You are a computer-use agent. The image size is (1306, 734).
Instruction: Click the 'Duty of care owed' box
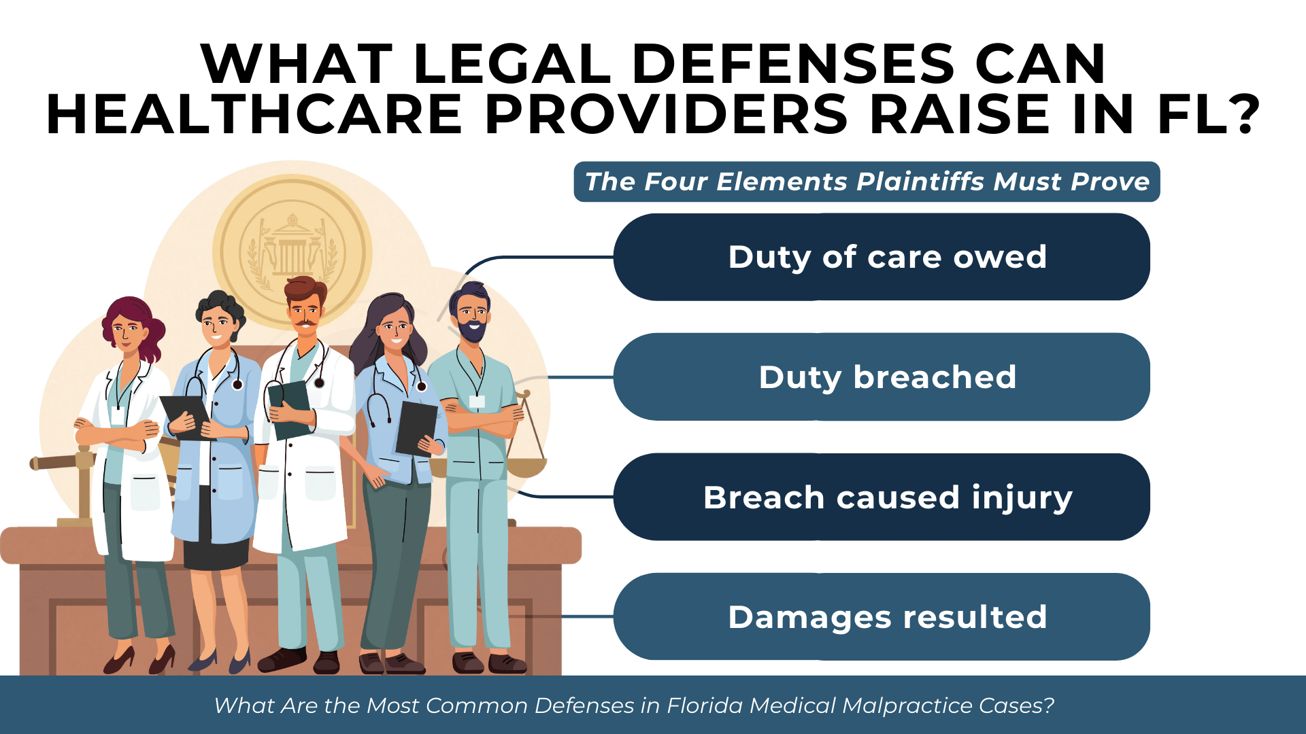[882, 257]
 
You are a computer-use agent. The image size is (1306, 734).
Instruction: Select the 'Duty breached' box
[882, 377]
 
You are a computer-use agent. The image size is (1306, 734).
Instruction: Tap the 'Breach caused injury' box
[882, 497]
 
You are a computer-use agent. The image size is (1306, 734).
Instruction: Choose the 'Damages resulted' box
[882, 616]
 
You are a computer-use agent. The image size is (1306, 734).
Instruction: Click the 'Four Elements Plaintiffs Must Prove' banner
[867, 181]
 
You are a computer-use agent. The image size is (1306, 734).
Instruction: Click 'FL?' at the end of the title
[1208, 114]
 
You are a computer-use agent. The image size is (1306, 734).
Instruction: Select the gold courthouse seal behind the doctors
[292, 251]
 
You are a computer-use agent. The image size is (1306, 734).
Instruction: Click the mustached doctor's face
[305, 316]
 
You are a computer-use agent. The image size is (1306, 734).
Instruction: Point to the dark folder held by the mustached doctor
[290, 408]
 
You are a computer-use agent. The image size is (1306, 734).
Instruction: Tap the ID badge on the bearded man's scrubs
[477, 401]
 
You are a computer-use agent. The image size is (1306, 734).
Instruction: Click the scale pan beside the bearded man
[526, 467]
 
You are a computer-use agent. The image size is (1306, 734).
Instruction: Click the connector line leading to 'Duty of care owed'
[537, 258]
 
